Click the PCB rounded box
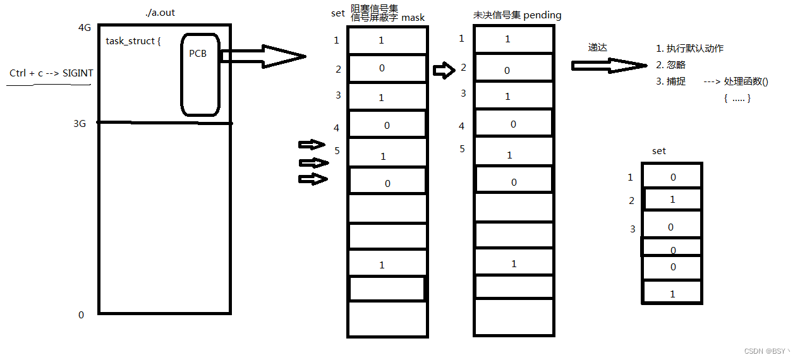200,75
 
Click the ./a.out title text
160,12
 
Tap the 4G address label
85,28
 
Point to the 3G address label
80,124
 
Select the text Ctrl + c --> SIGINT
51,73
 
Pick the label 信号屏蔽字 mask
388,18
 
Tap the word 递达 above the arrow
597,47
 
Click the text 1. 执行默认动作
690,49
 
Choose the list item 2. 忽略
671,65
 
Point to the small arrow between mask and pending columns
444,70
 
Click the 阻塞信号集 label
374,8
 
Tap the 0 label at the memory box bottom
81,315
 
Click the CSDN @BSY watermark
767,351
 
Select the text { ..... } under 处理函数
737,99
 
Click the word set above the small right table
658,152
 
